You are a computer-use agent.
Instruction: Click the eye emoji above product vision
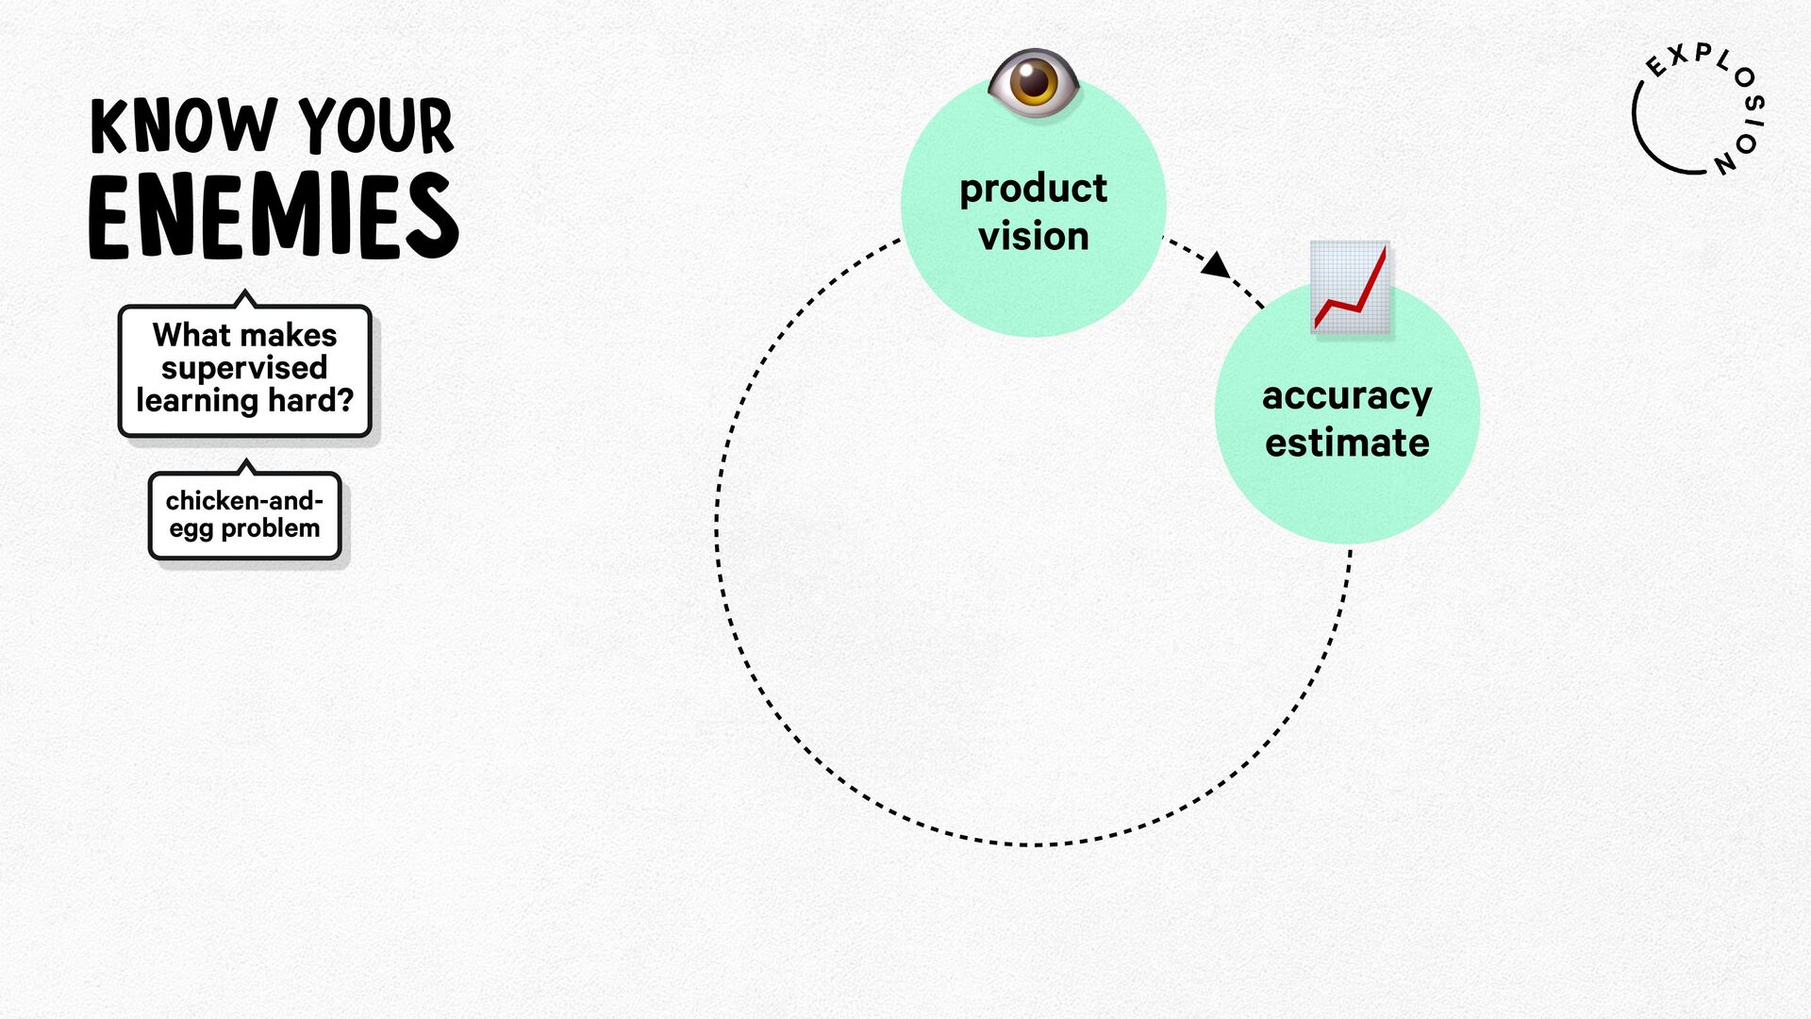tap(1034, 82)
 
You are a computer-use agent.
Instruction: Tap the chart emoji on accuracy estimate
tap(1351, 287)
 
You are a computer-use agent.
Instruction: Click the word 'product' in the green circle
tap(1033, 190)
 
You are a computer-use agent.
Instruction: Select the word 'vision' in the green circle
tap(1034, 236)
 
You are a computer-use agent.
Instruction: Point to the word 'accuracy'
tap(1347, 397)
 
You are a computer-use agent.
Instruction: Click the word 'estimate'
tap(1347, 443)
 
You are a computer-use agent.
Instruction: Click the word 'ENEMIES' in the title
tap(274, 216)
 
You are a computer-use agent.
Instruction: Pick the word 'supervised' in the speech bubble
tap(244, 368)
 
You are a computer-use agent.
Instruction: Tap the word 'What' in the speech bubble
tap(192, 335)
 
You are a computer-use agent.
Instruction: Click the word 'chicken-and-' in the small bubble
tap(244, 500)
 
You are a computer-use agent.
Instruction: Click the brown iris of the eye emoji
tap(1034, 82)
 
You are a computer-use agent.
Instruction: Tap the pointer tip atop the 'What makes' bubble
tap(245, 291)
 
